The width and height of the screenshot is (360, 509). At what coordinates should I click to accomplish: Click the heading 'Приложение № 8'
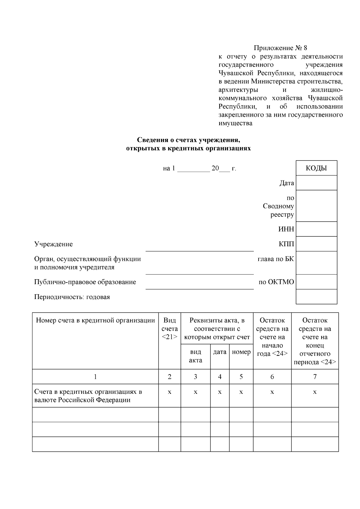[x=280, y=48]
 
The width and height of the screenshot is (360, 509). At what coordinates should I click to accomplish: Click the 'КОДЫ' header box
[x=316, y=168]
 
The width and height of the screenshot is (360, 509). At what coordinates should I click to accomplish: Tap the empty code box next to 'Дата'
[x=316, y=183]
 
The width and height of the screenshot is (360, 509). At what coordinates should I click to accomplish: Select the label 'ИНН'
[x=286, y=229]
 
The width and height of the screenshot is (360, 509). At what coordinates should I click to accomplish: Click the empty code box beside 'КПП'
[x=316, y=244]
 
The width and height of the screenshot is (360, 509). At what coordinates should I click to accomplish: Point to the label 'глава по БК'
[x=276, y=259]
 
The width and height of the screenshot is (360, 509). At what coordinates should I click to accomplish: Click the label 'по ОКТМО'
[x=276, y=282]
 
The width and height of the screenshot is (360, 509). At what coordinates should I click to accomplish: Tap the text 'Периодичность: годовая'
[x=72, y=297]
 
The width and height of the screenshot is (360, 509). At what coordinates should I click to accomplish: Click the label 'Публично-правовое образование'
[x=85, y=282]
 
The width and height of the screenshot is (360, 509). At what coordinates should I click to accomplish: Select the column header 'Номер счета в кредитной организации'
[x=95, y=320]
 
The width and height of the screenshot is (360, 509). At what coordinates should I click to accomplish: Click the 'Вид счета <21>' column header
[x=169, y=328]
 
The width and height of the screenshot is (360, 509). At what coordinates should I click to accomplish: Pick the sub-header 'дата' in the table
[x=220, y=352]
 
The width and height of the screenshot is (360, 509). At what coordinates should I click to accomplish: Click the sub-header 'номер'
[x=241, y=352]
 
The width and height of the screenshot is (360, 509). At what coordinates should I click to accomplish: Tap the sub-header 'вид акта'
[x=196, y=356]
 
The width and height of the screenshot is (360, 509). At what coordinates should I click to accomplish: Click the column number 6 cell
[x=272, y=377]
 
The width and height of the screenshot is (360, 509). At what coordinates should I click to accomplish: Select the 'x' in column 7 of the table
[x=315, y=392]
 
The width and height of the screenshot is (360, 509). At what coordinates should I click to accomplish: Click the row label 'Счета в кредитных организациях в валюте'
[x=88, y=396]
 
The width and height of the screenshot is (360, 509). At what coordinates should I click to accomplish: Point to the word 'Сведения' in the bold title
[x=150, y=140]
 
